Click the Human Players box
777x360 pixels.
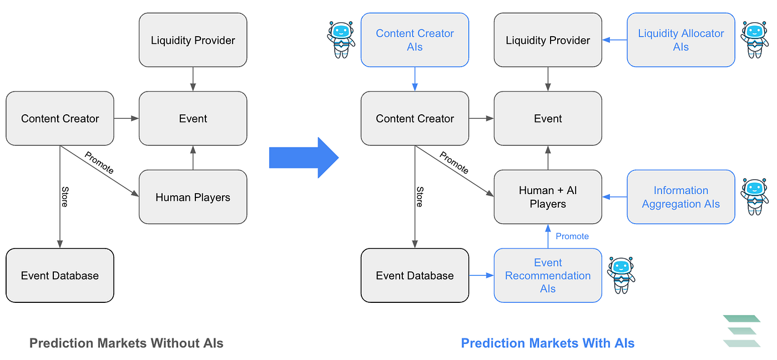point(193,197)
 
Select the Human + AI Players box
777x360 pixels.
point(548,197)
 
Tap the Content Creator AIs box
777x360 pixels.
point(415,40)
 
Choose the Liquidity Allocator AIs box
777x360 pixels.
point(680,40)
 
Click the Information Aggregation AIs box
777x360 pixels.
point(680,197)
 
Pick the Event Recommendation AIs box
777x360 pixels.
point(548,275)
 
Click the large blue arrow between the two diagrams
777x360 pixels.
point(303,158)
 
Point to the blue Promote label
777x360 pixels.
point(572,236)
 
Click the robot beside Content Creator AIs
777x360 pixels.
point(340,40)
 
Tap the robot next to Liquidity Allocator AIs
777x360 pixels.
point(754,40)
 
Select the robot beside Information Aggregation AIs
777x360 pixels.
point(754,197)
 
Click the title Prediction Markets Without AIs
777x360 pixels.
point(127,343)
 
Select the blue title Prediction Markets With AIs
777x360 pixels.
point(548,343)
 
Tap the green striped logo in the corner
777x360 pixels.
point(741,331)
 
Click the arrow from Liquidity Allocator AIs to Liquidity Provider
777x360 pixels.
point(614,40)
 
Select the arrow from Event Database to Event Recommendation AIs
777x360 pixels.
point(481,275)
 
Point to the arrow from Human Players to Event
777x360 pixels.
point(193,158)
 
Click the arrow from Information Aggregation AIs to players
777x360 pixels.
point(614,197)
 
